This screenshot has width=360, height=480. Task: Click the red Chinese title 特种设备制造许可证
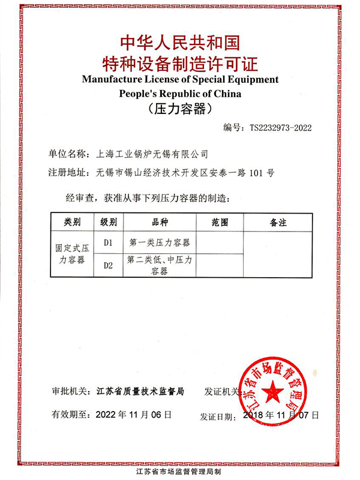point(180,62)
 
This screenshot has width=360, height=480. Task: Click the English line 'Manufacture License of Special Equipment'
point(180,79)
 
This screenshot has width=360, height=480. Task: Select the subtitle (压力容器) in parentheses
point(180,109)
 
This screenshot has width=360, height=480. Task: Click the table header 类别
point(73,222)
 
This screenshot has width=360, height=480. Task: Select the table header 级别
point(109,222)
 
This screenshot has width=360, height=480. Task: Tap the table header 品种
point(160,222)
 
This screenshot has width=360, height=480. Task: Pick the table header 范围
point(220,222)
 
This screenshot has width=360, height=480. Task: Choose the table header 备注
point(278,222)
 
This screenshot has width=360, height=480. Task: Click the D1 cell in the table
point(109,243)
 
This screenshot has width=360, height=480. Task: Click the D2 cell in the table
point(109,265)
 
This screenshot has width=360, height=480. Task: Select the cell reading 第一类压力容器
point(160,243)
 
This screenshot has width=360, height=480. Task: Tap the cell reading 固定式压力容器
point(73,254)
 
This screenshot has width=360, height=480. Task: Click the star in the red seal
point(272,387)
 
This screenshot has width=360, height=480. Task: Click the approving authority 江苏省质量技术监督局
point(140,391)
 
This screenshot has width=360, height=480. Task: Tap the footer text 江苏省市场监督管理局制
point(180,472)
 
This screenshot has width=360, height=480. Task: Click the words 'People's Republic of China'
point(180,94)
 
